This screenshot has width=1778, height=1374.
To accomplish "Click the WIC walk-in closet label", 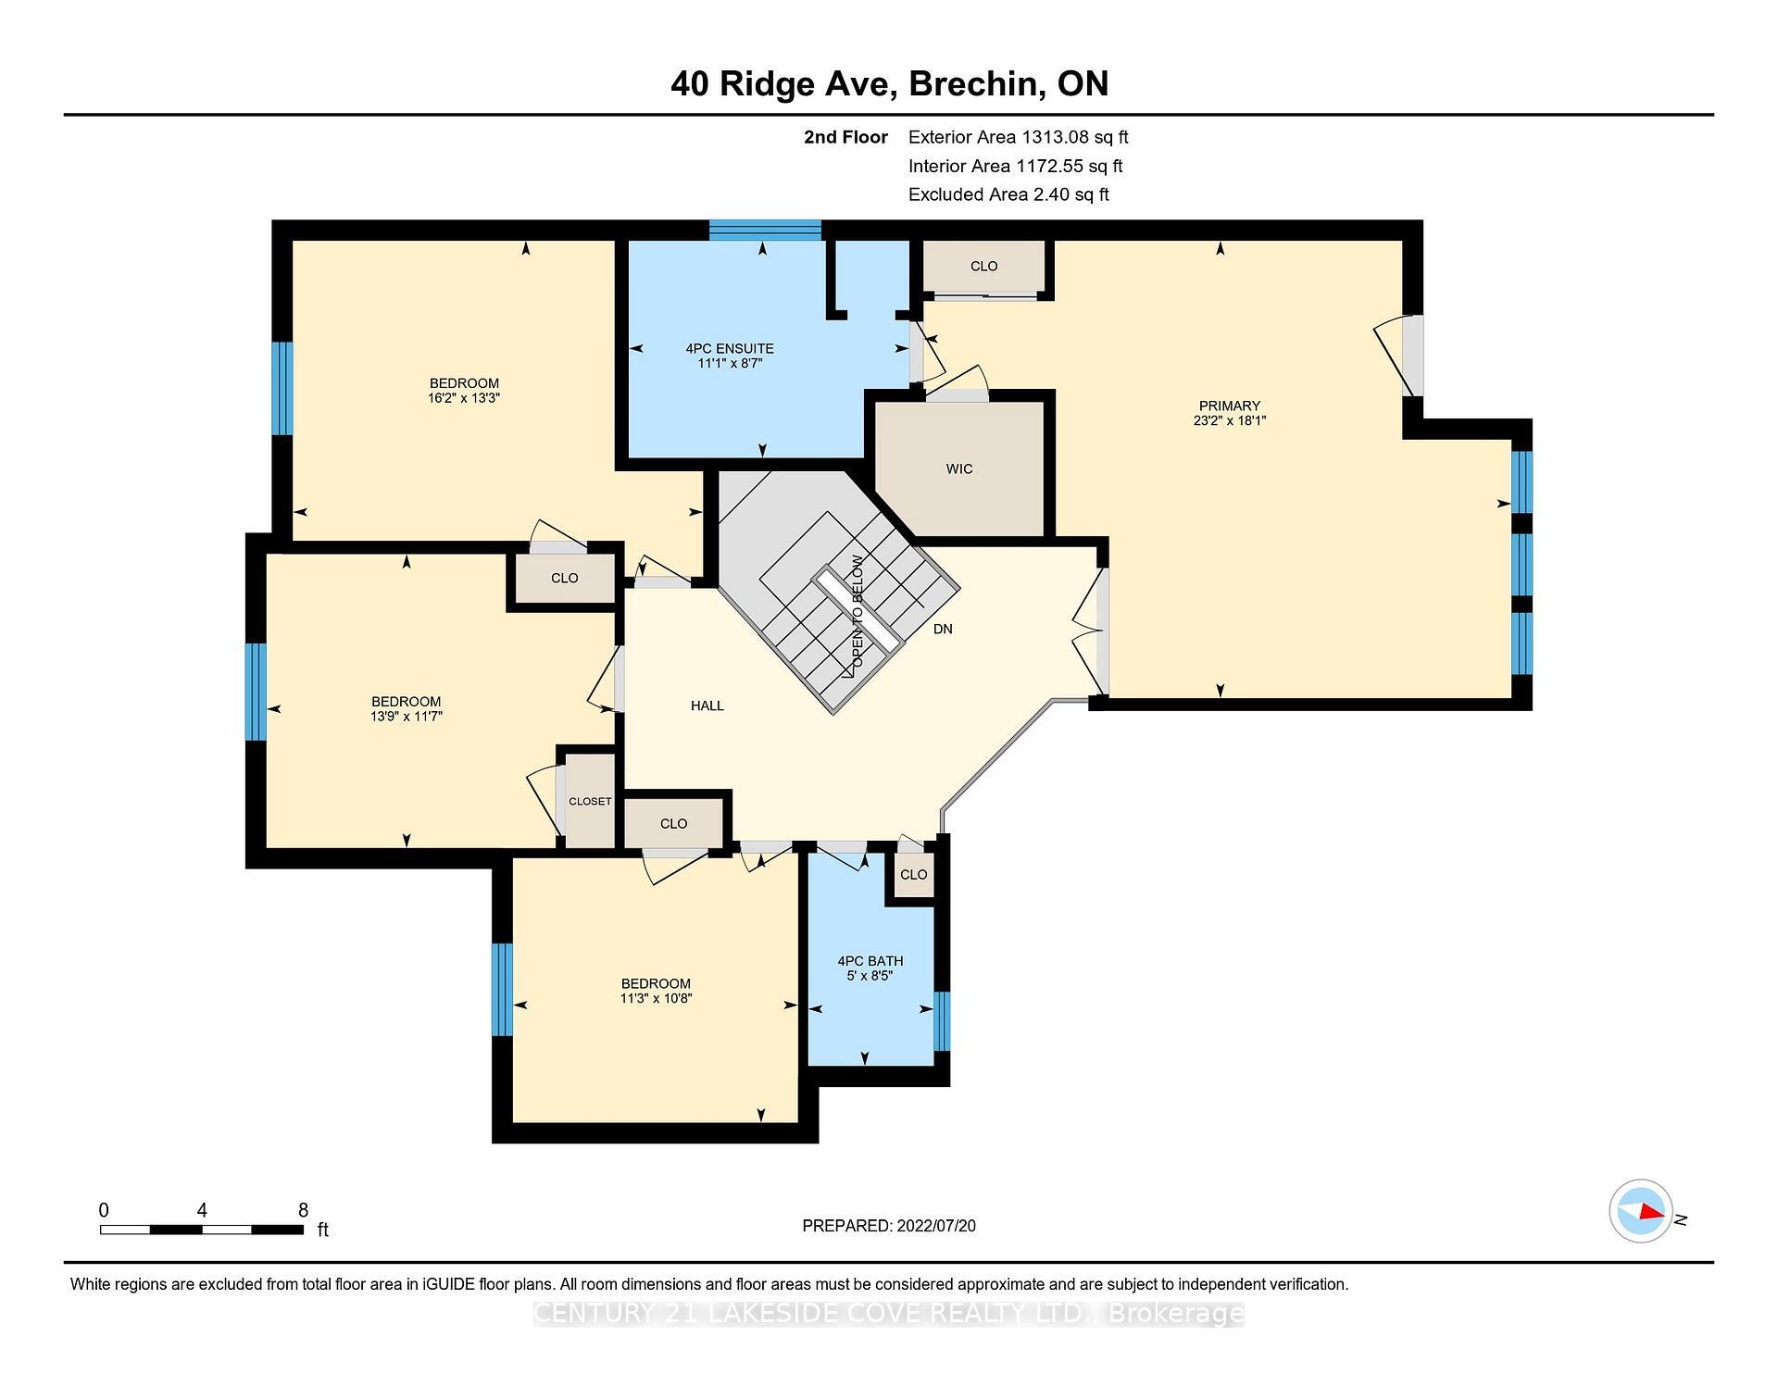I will tap(959, 469).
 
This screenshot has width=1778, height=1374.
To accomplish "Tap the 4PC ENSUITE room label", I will tap(730, 349).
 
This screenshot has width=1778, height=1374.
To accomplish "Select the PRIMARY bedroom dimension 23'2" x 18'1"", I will tap(1229, 420).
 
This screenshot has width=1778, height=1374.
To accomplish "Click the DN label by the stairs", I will tap(943, 630).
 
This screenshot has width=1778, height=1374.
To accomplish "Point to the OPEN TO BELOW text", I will tap(858, 610).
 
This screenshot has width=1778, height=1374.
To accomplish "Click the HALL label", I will tap(707, 706).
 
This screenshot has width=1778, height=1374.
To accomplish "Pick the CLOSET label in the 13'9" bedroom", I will tap(590, 802).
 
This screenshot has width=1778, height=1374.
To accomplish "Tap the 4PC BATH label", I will tap(870, 961).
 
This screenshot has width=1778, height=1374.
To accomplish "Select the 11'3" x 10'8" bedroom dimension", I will tap(656, 999).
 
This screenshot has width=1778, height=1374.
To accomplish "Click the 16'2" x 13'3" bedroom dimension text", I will tap(464, 398).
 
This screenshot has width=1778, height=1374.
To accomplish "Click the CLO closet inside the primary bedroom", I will tap(983, 267).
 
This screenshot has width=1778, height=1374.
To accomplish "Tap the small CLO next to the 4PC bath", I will tap(913, 875).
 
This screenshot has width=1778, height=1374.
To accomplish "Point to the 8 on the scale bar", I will tap(303, 1210).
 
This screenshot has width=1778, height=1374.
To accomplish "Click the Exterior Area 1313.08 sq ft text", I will tap(1018, 138).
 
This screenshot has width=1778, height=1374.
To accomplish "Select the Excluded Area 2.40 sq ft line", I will tap(1008, 194).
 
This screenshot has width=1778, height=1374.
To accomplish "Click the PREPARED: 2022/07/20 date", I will tap(888, 1226).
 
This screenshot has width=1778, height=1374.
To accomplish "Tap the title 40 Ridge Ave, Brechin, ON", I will tap(889, 84).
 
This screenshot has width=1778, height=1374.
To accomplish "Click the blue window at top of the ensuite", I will tap(765, 230).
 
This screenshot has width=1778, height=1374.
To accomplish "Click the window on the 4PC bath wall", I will tap(942, 1021).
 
